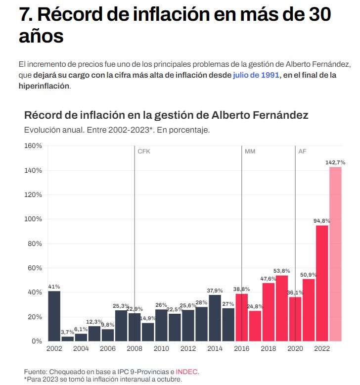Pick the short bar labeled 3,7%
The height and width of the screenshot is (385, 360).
(x=68, y=338)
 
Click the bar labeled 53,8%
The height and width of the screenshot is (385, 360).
(x=282, y=308)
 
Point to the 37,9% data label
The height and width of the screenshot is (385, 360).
(x=215, y=290)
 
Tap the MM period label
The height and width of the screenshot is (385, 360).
(x=250, y=151)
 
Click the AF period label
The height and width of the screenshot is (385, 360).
(x=302, y=151)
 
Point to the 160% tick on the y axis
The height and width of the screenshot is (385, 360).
(x=33, y=146)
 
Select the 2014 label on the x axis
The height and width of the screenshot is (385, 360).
(x=215, y=348)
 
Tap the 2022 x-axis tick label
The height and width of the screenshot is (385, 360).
(x=322, y=348)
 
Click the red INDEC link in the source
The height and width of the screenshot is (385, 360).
(x=187, y=372)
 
